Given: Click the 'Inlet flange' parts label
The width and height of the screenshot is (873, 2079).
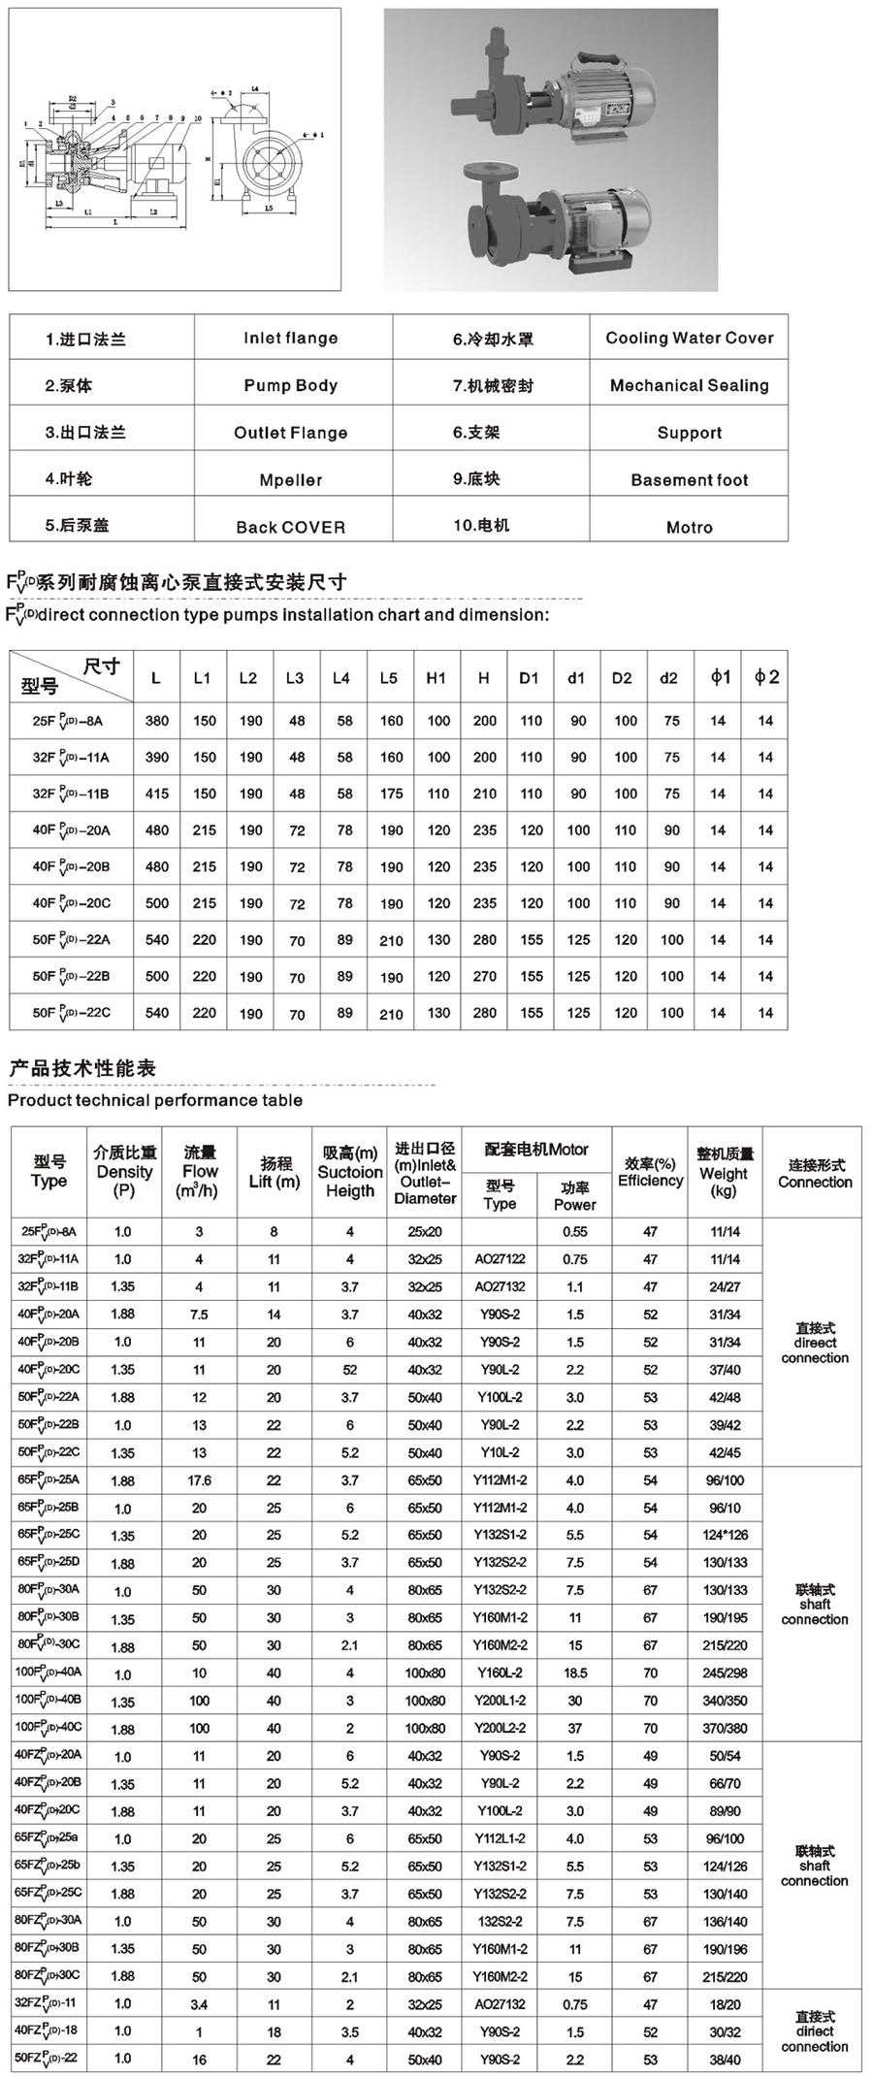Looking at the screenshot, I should [x=291, y=338].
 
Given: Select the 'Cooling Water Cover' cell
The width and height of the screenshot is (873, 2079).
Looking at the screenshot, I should [x=690, y=338].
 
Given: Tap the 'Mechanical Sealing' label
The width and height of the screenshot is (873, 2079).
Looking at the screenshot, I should [x=690, y=385].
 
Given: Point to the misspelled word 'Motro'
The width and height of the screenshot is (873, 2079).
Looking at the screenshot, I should [x=690, y=527].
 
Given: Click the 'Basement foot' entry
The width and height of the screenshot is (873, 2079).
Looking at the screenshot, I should [x=690, y=479].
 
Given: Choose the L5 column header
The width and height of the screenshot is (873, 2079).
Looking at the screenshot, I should [x=389, y=678].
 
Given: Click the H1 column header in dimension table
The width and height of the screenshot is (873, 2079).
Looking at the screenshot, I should [x=436, y=678].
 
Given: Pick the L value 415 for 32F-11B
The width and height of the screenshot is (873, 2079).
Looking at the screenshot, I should [x=157, y=794].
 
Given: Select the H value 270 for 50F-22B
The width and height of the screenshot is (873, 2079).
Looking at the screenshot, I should [x=484, y=976].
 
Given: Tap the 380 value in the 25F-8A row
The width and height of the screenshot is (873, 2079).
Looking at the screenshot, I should [x=157, y=721].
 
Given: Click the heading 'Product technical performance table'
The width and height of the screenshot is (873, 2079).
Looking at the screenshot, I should [x=155, y=1100].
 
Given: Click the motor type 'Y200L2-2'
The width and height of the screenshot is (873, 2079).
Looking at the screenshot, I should [x=500, y=1729].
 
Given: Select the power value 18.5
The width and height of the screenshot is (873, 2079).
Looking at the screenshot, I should [x=575, y=1673].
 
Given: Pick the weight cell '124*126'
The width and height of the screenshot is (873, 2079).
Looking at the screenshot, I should [x=726, y=1535].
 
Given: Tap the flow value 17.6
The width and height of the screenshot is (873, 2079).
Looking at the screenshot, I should [x=199, y=1480].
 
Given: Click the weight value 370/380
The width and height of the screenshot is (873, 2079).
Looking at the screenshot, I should [x=726, y=1729].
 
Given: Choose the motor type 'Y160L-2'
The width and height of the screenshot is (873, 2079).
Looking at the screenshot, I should [x=500, y=1673].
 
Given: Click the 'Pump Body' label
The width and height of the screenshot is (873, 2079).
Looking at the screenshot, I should [x=291, y=385].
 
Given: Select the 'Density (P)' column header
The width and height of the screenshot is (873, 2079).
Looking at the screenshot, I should [x=124, y=1171].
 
